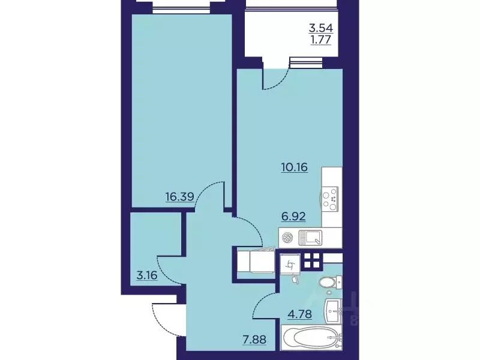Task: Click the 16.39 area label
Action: tap(179, 196)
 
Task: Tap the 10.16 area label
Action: tap(294, 167)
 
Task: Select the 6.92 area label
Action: tap(293, 217)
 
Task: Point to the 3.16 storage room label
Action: tap(147, 275)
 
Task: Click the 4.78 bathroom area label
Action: tap(299, 314)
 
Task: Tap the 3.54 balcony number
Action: tap(321, 28)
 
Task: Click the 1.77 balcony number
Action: tap(321, 40)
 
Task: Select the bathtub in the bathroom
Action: tap(311, 337)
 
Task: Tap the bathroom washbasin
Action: tap(332, 311)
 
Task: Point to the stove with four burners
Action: tap(329, 199)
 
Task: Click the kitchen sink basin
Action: tap(310, 238)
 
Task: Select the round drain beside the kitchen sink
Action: tap(288, 238)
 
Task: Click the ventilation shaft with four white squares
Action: tap(313, 260)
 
